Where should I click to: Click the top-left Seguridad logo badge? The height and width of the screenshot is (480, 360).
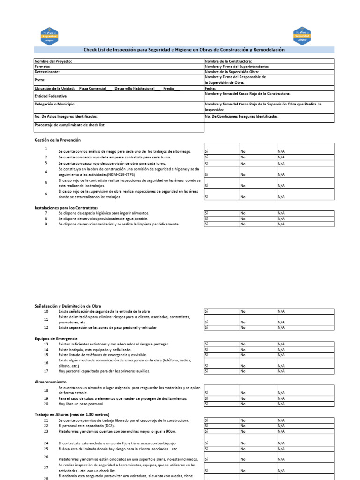pos(50,36)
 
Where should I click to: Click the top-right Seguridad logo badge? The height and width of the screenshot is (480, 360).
pos(302,36)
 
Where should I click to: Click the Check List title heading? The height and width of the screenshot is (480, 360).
pos(184,50)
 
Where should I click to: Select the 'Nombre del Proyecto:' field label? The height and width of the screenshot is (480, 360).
pos(53,61)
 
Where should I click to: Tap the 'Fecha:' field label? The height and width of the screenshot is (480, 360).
pos(210,88)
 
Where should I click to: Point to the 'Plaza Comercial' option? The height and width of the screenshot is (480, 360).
pos(93,88)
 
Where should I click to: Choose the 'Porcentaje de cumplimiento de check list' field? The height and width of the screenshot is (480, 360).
pos(70,125)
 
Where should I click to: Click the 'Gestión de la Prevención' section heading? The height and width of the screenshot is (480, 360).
pos(58,140)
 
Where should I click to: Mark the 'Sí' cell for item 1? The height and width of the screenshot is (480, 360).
pos(221,151)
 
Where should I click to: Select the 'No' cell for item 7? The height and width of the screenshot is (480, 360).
pos(258,213)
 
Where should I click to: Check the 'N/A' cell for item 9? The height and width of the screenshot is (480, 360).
pos(305,224)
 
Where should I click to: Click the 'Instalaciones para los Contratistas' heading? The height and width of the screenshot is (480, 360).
pos(66,207)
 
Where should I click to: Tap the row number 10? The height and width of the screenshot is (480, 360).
pos(46,311)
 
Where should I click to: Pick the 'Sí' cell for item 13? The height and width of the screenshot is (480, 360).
pos(221,344)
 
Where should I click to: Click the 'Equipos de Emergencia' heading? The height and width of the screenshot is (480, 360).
pos(56,338)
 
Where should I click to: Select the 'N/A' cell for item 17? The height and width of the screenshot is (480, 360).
pos(305,371)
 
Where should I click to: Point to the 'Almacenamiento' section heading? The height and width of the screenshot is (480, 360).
pos(50,382)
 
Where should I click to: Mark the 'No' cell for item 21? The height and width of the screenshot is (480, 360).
pos(258,420)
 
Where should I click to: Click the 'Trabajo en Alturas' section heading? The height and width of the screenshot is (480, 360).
pos(72,415)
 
